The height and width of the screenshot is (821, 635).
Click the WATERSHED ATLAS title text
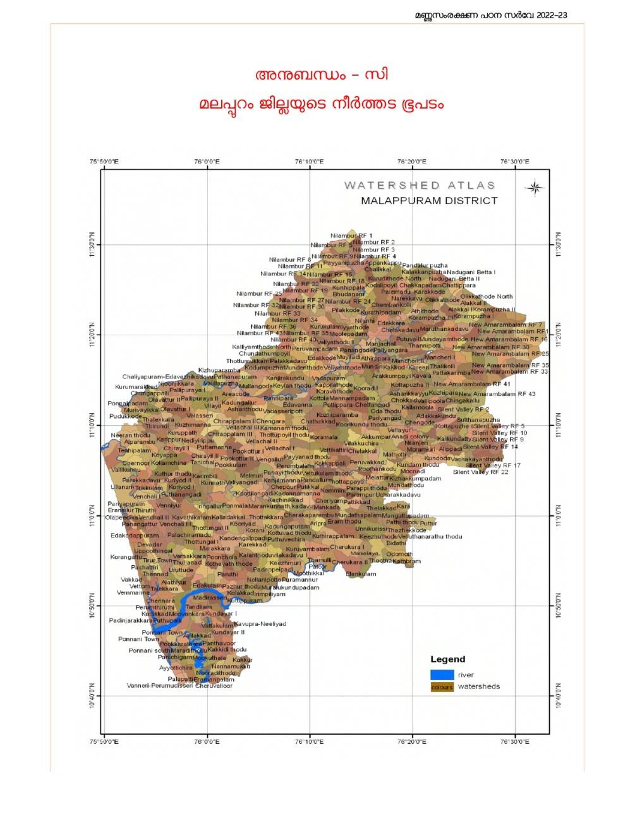[x=420, y=185]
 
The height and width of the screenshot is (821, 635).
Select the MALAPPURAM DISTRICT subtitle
[x=429, y=201]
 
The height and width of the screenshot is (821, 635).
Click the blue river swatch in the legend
[x=442, y=674]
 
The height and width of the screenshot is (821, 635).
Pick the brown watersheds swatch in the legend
[x=442, y=686]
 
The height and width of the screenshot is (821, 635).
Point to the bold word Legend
[x=447, y=659]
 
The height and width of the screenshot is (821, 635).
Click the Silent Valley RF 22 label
[x=480, y=472]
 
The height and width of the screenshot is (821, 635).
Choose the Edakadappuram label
[x=135, y=536]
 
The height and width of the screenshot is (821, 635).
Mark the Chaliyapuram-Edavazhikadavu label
[x=159, y=376]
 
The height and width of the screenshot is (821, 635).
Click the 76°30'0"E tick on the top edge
[x=515, y=162]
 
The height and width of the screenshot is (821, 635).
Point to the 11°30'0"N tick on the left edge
[x=92, y=244]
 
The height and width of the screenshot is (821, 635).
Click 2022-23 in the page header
[x=552, y=15]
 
